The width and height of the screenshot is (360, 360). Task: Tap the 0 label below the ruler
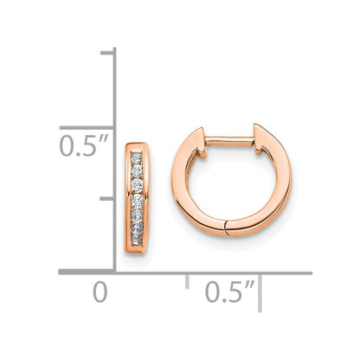point(100,292)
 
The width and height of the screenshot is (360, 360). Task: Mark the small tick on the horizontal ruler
point(188,280)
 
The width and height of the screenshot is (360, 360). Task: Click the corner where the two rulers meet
point(115,272)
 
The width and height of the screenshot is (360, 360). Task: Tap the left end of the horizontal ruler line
point(61,272)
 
